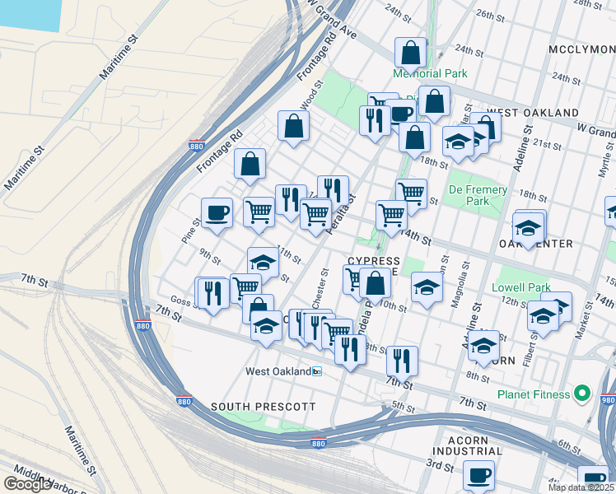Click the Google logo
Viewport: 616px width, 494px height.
tap(27, 484)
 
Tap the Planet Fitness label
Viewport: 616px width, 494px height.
tap(534, 394)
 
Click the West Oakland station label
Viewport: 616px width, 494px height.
tap(278, 371)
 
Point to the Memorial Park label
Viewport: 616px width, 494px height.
tap(430, 73)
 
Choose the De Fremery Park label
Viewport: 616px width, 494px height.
tap(478, 195)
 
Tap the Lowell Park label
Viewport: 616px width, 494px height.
tap(520, 288)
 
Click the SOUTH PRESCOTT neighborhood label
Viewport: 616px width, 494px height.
tap(251, 407)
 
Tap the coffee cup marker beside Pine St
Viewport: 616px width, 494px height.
tap(217, 212)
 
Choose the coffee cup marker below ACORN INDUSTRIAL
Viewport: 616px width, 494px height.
tap(478, 475)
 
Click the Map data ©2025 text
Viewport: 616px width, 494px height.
tap(581, 487)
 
